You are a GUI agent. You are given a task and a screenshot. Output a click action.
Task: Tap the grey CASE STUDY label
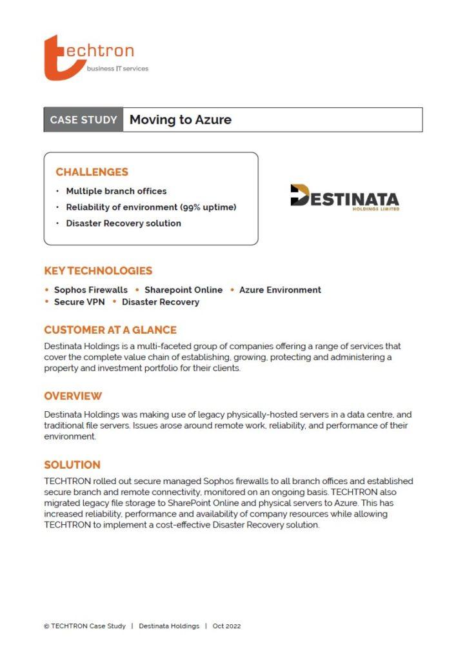83,120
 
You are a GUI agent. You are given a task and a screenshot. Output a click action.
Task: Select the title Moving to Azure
180,120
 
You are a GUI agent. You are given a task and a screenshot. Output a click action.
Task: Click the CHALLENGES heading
92,172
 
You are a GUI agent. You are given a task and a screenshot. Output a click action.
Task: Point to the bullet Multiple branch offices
116,192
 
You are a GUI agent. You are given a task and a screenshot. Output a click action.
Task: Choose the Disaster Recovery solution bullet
123,223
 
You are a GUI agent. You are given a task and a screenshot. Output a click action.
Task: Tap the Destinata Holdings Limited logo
344,197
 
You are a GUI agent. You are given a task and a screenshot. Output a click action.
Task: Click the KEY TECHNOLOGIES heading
98,271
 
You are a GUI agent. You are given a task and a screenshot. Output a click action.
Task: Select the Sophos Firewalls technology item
90,290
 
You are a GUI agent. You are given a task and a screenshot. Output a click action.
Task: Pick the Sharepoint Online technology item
183,290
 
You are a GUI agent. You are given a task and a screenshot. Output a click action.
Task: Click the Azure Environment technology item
280,290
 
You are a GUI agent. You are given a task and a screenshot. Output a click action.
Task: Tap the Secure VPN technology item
79,302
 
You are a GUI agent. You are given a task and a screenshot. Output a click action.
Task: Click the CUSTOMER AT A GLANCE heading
110,330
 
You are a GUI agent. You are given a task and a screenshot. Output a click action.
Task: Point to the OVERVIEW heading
73,396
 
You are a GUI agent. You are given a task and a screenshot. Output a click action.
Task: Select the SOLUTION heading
72,465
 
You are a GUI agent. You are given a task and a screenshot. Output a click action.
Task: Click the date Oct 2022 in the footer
226,626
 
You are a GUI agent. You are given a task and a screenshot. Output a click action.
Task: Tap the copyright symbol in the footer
46,626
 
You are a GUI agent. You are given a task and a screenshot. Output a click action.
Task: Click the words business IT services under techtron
117,68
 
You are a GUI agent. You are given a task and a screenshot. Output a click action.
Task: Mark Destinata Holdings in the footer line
169,626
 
